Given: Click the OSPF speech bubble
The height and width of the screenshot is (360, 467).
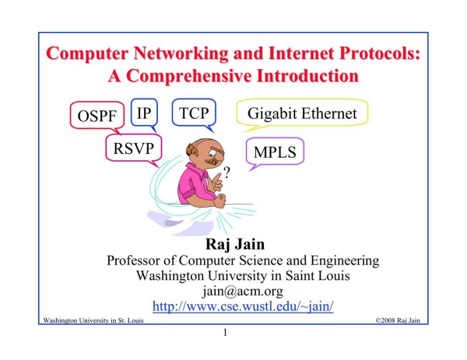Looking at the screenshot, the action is point(97,115).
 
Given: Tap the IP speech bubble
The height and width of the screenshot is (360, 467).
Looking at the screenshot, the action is point(144,113).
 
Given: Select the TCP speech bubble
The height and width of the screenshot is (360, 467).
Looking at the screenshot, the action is point(194,113).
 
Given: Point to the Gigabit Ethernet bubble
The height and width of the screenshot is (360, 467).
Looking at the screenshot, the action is point(302,113).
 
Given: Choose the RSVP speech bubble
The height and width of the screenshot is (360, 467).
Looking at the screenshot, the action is point(134,148).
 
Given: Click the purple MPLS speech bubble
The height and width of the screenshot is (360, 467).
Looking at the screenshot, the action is point(275,152).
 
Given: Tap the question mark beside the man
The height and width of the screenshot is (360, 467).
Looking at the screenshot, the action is point(227,173).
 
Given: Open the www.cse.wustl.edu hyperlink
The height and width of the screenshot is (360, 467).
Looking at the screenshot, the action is point(243,306).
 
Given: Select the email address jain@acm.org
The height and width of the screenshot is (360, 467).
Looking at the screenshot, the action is point(243,291).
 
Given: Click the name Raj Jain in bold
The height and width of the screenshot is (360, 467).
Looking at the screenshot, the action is point(235,244).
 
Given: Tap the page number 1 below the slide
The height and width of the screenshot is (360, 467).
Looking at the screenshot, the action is point(225,332).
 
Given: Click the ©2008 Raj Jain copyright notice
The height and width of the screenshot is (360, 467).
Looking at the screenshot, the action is point(398,320).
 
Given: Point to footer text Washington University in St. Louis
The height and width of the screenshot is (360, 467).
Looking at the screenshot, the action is point(93,320).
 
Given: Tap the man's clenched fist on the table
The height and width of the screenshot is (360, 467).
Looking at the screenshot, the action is point(219,201).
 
